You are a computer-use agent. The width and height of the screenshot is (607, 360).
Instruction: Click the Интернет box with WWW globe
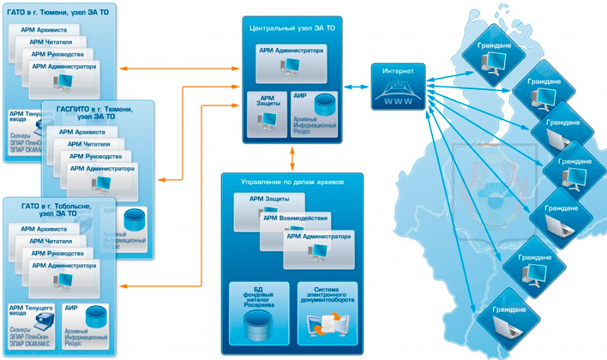point(400,85)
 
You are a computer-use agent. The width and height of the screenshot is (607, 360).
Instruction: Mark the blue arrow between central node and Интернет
point(356,86)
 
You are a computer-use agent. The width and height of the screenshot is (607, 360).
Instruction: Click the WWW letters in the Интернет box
point(400,99)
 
